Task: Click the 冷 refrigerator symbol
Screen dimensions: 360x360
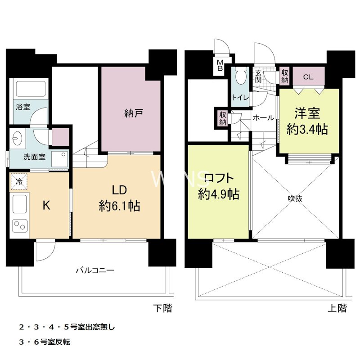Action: [x=19, y=182]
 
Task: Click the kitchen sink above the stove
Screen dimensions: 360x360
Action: [x=19, y=205]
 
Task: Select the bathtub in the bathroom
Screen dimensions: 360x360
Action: [x=30, y=90]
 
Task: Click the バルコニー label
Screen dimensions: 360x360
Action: [x=94, y=271]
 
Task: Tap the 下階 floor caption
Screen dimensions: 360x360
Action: [x=163, y=308]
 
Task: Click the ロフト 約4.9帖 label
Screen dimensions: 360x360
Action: [x=218, y=187]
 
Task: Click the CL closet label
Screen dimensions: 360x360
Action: [x=308, y=76]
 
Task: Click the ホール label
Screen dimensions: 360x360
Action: [x=263, y=118]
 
